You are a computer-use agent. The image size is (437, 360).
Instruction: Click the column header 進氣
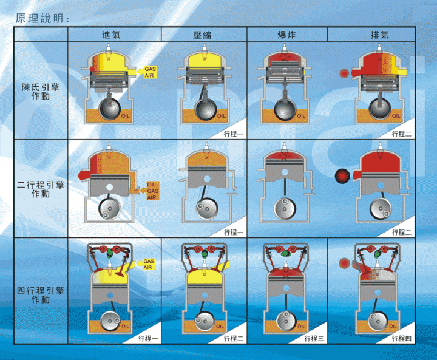coord(111,35)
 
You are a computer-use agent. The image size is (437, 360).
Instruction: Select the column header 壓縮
coord(202,35)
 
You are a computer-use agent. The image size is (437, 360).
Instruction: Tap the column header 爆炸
coord(286,35)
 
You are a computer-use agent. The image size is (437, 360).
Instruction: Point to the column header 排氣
coord(379,35)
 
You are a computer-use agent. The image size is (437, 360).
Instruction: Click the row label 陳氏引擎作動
coord(41,92)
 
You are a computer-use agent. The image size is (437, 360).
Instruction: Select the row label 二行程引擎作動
coord(41,189)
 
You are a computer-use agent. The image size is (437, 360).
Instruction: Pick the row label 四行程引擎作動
coord(41,295)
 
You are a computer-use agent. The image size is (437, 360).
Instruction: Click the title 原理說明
coord(42,18)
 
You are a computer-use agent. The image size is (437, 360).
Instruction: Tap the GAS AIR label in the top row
coord(151,72)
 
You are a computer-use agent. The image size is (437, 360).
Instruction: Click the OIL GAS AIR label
coord(152,191)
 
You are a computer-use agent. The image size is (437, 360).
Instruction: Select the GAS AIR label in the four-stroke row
coord(148,264)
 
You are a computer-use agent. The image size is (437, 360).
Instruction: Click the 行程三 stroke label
coord(314,339)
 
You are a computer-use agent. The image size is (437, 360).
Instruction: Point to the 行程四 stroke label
coord(402,339)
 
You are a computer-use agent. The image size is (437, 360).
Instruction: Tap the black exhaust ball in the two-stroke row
coord(342,176)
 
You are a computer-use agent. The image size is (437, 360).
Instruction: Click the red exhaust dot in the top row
coord(345,73)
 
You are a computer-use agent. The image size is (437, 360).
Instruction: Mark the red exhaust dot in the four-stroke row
coord(344,263)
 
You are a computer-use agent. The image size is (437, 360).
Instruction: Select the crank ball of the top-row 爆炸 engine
coord(285,110)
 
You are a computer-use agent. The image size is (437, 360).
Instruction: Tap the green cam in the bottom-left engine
coord(110,253)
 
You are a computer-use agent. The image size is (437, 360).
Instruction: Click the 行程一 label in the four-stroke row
coord(148,339)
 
